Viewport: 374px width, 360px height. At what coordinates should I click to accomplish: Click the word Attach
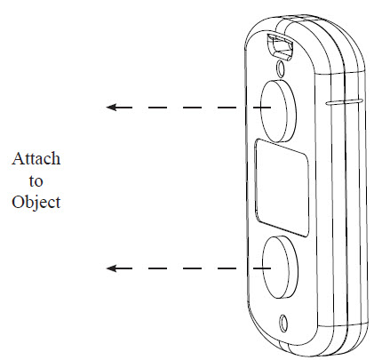click(36, 158)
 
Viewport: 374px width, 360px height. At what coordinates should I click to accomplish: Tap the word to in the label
click(36, 180)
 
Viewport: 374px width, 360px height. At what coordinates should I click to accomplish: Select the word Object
click(36, 203)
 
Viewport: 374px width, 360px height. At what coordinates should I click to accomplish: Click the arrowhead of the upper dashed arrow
click(111, 107)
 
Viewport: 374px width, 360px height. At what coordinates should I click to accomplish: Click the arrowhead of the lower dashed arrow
click(111, 268)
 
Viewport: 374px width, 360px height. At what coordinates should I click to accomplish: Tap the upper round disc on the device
click(278, 111)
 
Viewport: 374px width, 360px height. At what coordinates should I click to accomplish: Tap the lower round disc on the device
click(280, 267)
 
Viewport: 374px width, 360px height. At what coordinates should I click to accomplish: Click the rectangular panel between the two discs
click(282, 188)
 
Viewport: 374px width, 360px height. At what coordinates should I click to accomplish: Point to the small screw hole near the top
click(281, 68)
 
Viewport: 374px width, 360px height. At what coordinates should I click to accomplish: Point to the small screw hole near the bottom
click(283, 323)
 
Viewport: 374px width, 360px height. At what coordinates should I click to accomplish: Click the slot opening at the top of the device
click(280, 46)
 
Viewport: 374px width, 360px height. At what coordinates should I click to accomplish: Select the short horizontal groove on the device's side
click(345, 101)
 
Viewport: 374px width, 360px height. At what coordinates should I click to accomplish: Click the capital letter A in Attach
click(18, 158)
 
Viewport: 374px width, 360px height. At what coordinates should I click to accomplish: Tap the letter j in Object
click(33, 204)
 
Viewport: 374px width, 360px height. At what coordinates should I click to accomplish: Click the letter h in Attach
click(56, 158)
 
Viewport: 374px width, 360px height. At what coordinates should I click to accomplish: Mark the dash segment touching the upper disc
click(261, 107)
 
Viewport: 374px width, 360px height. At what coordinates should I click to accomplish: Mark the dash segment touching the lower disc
click(261, 268)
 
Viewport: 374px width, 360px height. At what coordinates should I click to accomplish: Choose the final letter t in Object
click(58, 203)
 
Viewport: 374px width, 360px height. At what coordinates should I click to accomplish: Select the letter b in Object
click(27, 202)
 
